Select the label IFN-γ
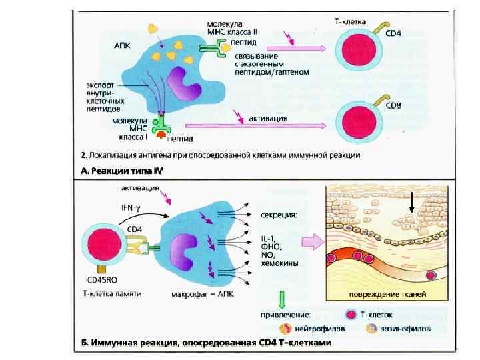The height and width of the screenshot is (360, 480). (129, 207)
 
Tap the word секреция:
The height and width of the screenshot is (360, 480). (276, 215)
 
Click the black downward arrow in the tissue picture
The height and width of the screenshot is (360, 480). (412, 203)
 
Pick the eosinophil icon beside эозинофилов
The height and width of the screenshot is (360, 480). (370, 328)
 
